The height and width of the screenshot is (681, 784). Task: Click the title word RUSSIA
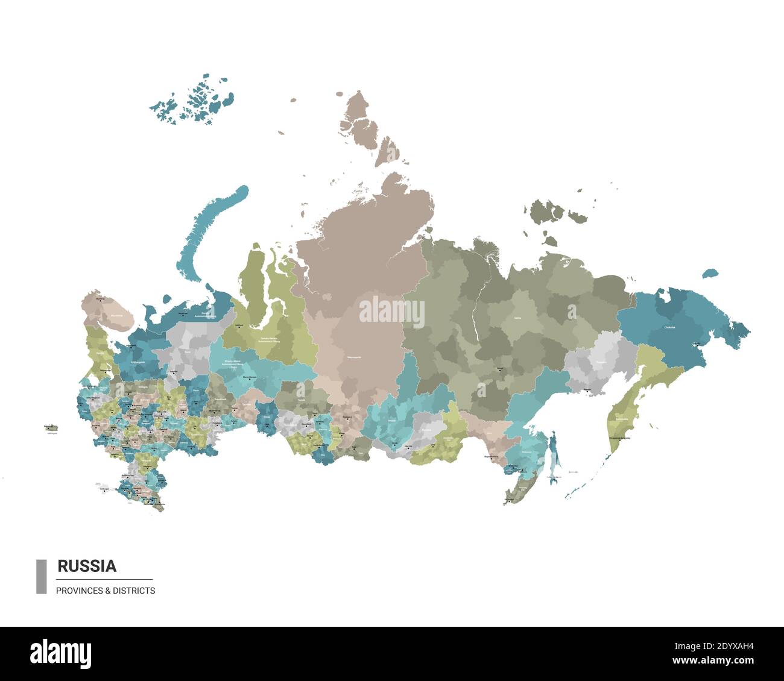[87, 566]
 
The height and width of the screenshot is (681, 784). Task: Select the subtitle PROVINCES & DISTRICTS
[106, 591]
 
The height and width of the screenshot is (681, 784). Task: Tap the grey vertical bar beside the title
[41, 576]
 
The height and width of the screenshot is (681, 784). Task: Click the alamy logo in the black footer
[60, 653]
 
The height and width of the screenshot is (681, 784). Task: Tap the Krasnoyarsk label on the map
[354, 357]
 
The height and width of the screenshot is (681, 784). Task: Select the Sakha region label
[517, 318]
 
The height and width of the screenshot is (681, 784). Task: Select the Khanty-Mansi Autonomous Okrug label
[237, 363]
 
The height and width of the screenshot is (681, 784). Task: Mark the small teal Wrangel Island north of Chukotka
[710, 273]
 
